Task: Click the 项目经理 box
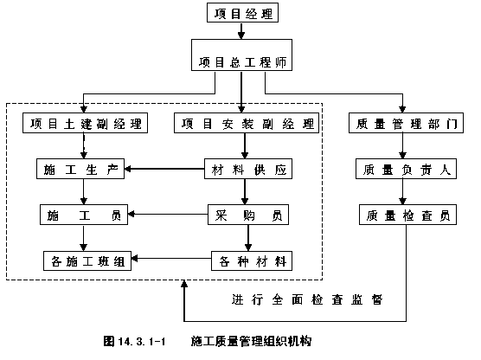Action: (x=242, y=13)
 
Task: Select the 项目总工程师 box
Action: (x=241, y=55)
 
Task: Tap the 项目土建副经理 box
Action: (x=85, y=123)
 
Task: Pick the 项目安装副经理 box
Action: (x=247, y=123)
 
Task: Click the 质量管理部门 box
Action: (x=406, y=123)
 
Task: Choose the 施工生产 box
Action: (x=80, y=169)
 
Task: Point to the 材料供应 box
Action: (x=248, y=169)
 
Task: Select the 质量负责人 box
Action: (x=406, y=169)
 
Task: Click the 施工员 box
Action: (x=84, y=215)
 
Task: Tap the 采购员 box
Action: (x=248, y=215)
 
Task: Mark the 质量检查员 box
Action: (x=407, y=215)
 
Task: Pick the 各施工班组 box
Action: (x=87, y=260)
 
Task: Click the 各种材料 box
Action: (x=252, y=260)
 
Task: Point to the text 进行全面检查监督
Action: (x=307, y=299)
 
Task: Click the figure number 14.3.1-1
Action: (x=141, y=341)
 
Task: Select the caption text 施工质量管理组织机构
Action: (x=251, y=341)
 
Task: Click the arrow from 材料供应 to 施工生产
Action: (x=164, y=169)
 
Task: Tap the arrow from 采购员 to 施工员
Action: (x=168, y=214)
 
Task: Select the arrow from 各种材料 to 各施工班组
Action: (x=171, y=259)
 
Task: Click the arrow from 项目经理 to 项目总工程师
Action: (x=241, y=30)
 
